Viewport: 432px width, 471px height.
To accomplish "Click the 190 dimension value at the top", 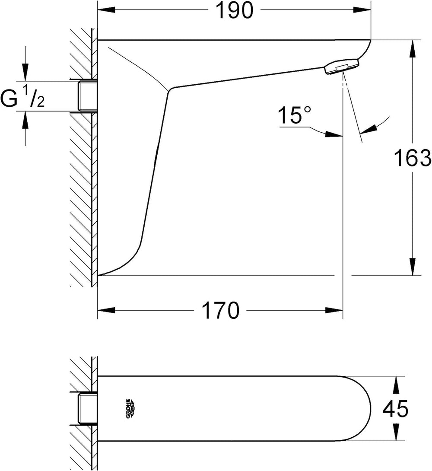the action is tap(235, 10).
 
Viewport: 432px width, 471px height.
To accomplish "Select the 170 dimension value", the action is tap(221, 310).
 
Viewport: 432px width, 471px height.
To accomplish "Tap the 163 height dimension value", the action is tap(413, 158).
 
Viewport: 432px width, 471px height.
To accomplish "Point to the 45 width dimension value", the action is tap(396, 408).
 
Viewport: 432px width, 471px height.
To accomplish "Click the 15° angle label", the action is tap(294, 115).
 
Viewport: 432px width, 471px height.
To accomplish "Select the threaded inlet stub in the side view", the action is tap(87, 96).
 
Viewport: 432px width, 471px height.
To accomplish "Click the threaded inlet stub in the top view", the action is tap(87, 408).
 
